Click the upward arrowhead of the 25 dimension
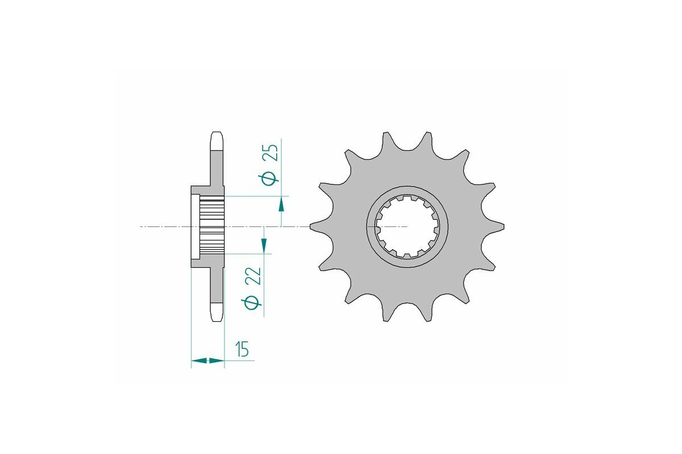pyautogui.click(x=281, y=204)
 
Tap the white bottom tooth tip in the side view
pyautogui.click(x=217, y=313)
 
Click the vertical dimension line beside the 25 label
pyautogui.click(x=281, y=165)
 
